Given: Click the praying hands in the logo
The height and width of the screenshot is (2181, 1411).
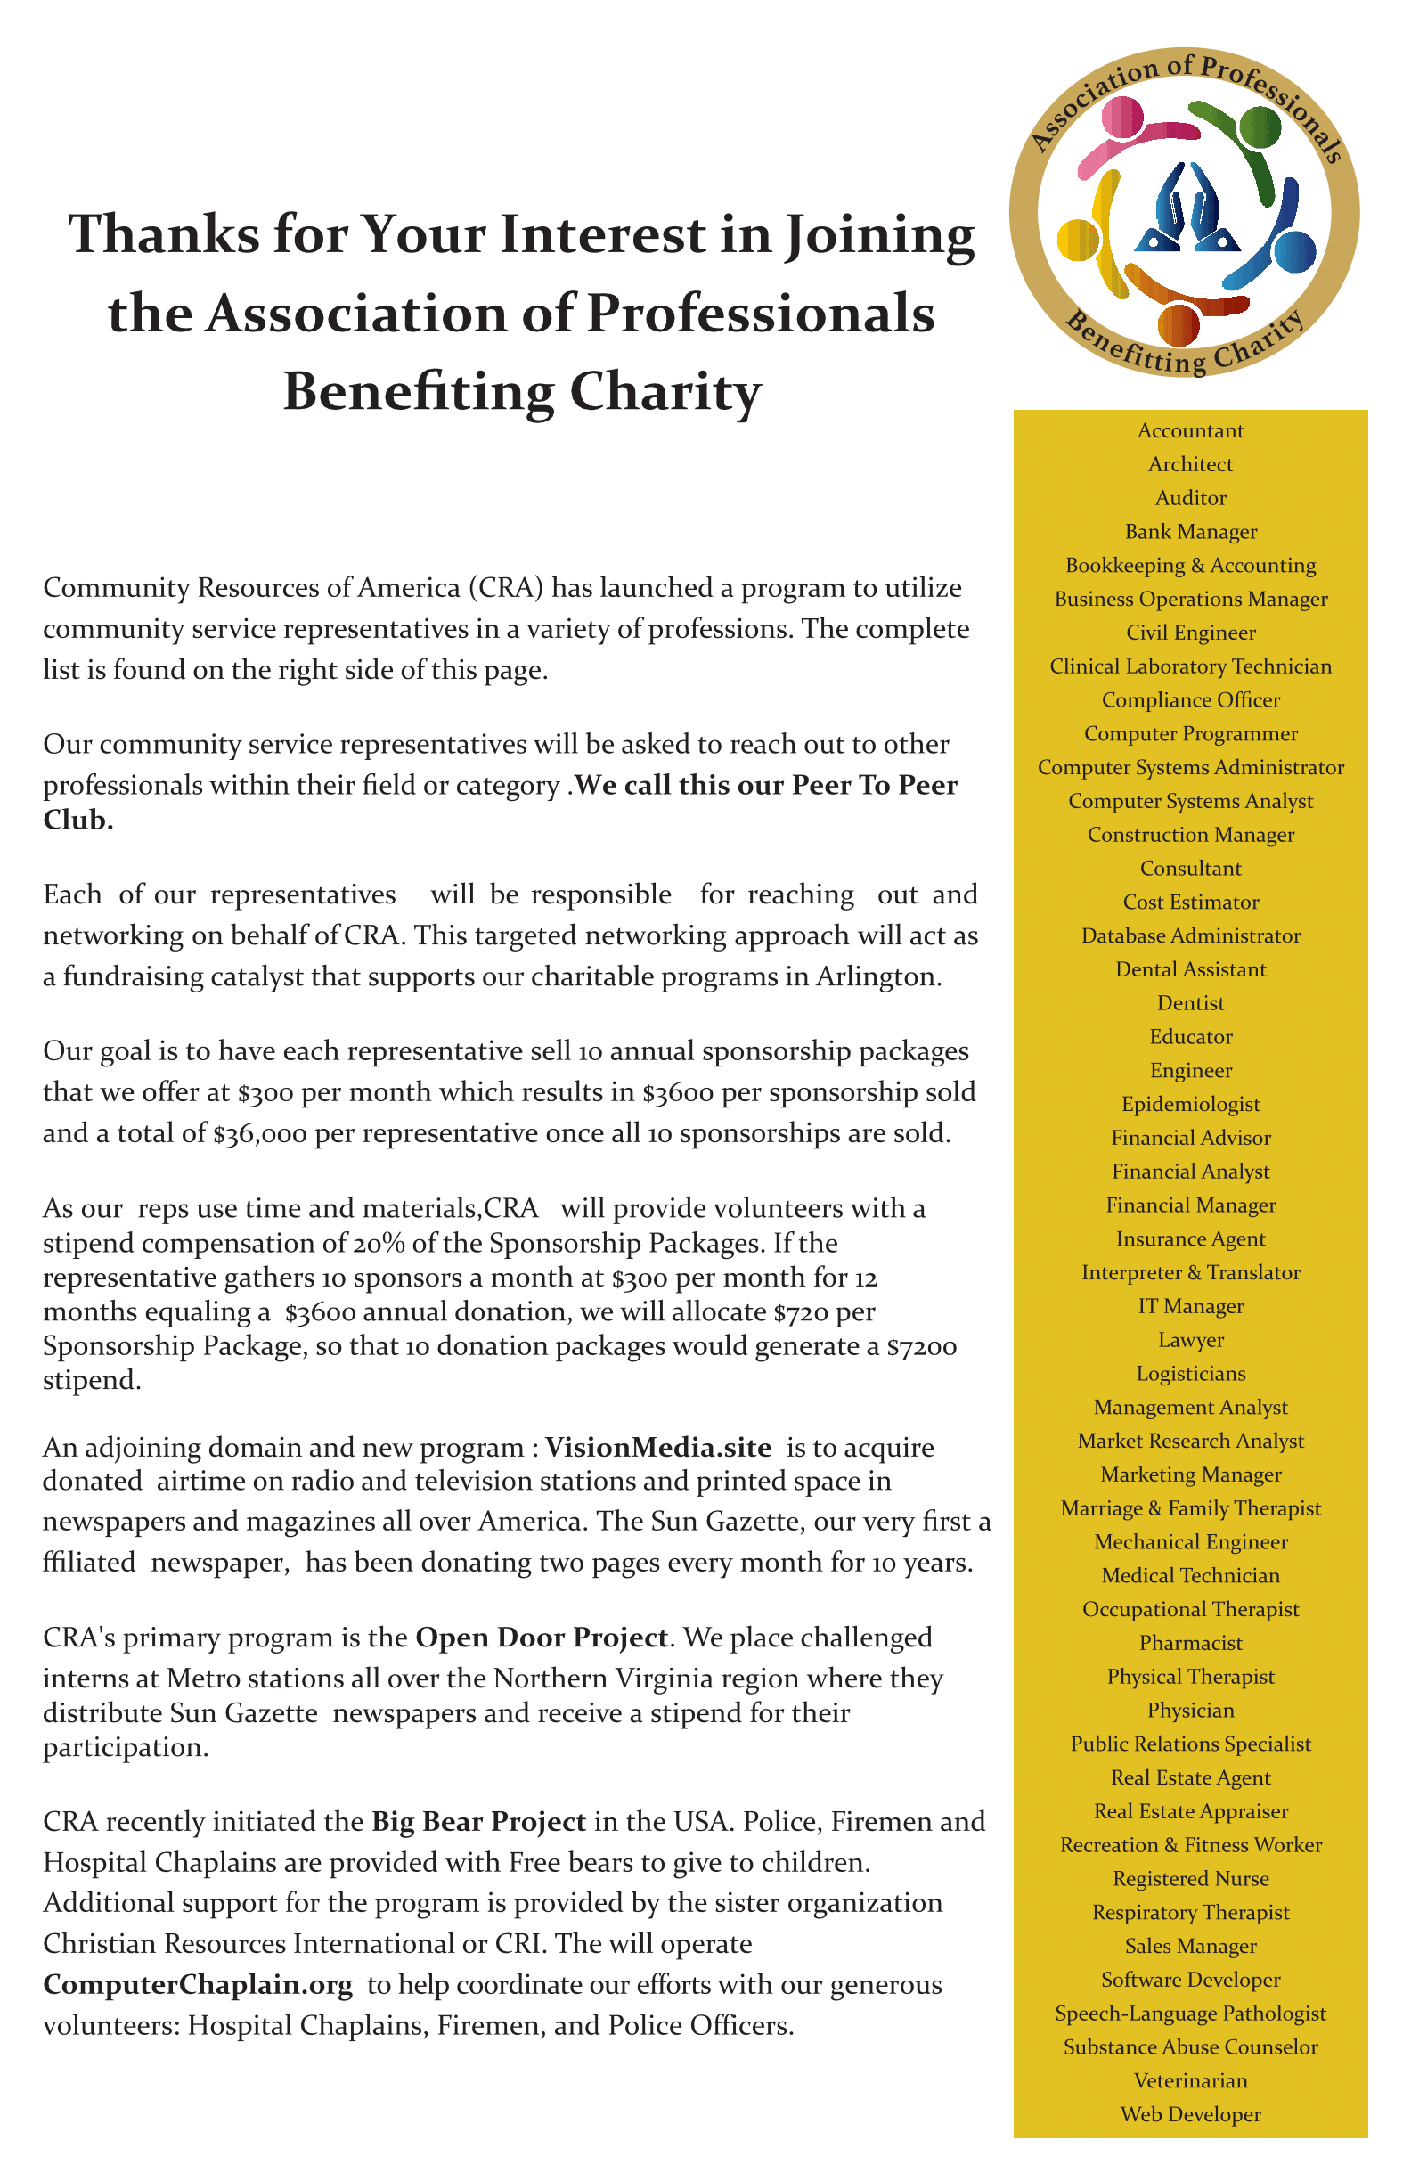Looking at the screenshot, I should coord(1187,209).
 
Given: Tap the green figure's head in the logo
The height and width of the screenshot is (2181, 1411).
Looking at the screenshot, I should coord(1260,127).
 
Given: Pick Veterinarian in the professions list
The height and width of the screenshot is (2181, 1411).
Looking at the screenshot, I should coord(1190,2080).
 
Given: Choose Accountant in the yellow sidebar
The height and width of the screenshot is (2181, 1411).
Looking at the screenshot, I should coord(1190,430).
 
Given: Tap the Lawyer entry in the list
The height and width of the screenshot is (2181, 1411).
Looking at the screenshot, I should coord(1190,1340).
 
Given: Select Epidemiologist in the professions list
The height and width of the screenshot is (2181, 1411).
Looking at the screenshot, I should coord(1190,1104).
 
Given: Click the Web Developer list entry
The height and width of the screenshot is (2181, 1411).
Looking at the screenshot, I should coord(1190,2114).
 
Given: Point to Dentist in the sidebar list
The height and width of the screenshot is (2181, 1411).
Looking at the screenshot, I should coord(1190,1003).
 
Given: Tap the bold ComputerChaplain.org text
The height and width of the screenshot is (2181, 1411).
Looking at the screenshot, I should coord(198,1985).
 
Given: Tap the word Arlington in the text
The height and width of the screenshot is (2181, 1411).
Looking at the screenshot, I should coord(875,976).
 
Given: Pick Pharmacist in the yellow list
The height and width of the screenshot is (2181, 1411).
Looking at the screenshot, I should coord(1190,1643).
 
